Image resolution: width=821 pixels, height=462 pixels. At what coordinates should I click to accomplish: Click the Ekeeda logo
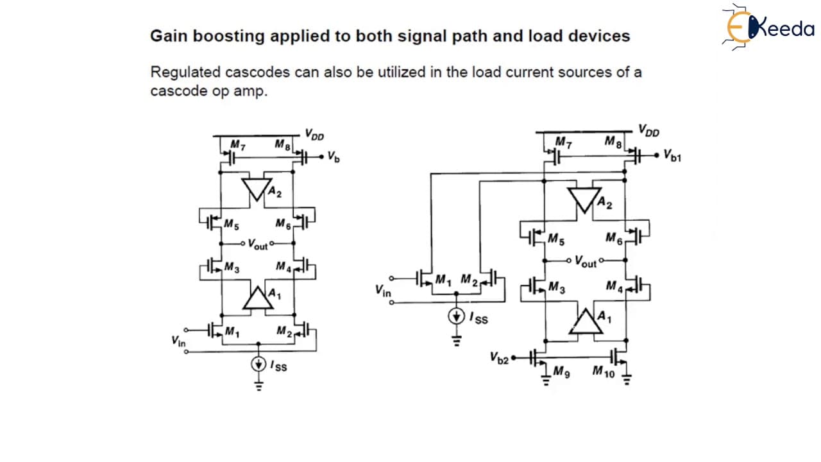tap(768, 27)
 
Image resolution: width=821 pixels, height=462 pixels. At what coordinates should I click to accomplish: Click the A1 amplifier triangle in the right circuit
tap(586, 321)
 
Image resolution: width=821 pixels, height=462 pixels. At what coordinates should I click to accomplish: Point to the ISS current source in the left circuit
tap(258, 364)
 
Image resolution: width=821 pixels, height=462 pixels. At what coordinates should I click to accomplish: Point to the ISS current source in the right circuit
tap(456, 316)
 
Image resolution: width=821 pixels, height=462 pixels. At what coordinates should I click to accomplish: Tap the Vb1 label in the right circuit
tap(672, 155)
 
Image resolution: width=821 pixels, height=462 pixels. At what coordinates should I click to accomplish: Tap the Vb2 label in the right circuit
tap(499, 358)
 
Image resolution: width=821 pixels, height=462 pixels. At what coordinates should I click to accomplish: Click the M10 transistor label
tap(604, 372)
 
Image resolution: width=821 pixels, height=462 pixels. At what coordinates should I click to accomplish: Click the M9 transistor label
tap(561, 372)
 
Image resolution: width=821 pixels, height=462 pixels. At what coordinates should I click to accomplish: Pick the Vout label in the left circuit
tap(258, 244)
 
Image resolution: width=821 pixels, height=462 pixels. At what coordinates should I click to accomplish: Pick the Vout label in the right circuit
tap(586, 261)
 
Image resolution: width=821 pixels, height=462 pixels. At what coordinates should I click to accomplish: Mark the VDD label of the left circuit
tap(314, 135)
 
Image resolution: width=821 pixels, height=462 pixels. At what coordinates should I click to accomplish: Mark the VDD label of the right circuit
tap(648, 130)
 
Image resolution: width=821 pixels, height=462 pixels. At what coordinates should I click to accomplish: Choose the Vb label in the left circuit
tap(334, 157)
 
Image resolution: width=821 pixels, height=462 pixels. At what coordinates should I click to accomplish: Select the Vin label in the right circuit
tap(383, 291)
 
